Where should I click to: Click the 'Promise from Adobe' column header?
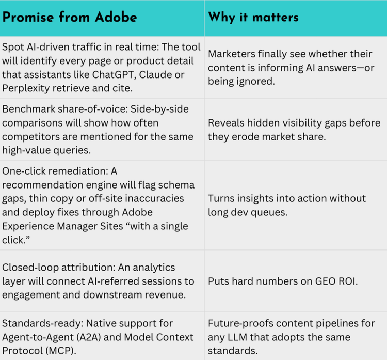pos(70,17)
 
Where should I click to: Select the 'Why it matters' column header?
pos(253,17)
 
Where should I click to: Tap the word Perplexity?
pos(30,88)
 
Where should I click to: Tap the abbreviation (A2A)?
pos(104,337)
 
